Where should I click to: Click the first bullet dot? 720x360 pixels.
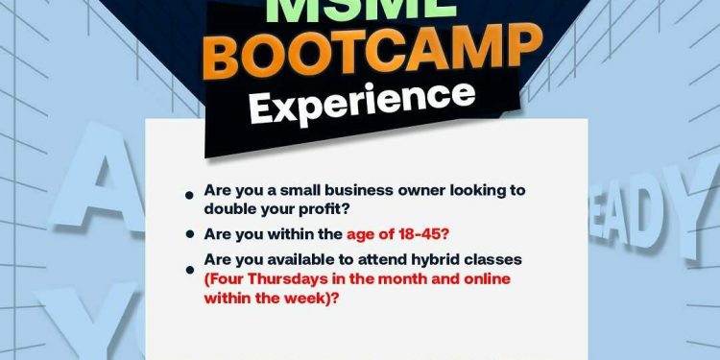point(190,196)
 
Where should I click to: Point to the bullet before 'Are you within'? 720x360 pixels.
point(190,234)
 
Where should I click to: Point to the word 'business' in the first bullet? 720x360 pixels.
point(359,190)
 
